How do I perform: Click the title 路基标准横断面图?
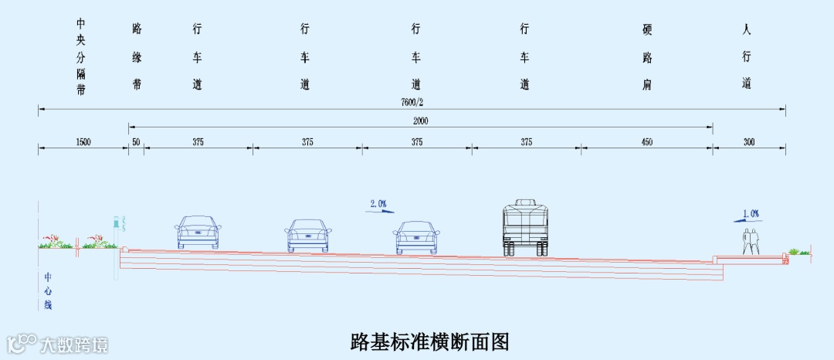coord(430,340)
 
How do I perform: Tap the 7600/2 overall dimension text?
coord(412,102)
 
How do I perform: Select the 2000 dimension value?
coord(420,121)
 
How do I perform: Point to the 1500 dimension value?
coord(83,142)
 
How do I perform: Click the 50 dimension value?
coord(136,142)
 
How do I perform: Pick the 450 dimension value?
coord(646,142)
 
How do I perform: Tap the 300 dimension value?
coord(749,142)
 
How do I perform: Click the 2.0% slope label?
coord(378,204)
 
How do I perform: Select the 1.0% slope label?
coord(751,213)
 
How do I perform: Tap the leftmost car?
coord(198,232)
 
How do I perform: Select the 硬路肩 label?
coord(647,58)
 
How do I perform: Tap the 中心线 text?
coord(47,290)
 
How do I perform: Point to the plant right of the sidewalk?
coord(798,251)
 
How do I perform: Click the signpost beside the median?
coord(117,232)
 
